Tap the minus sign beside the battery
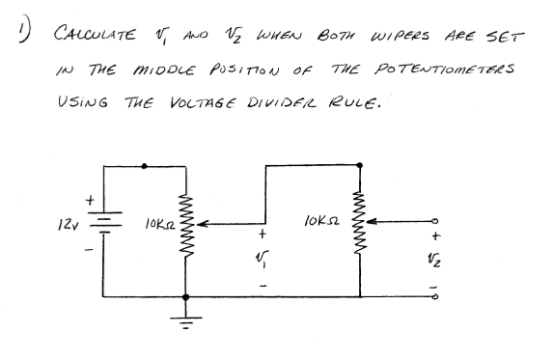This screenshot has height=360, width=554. point(92,253)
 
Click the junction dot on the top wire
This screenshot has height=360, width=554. point(145,166)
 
